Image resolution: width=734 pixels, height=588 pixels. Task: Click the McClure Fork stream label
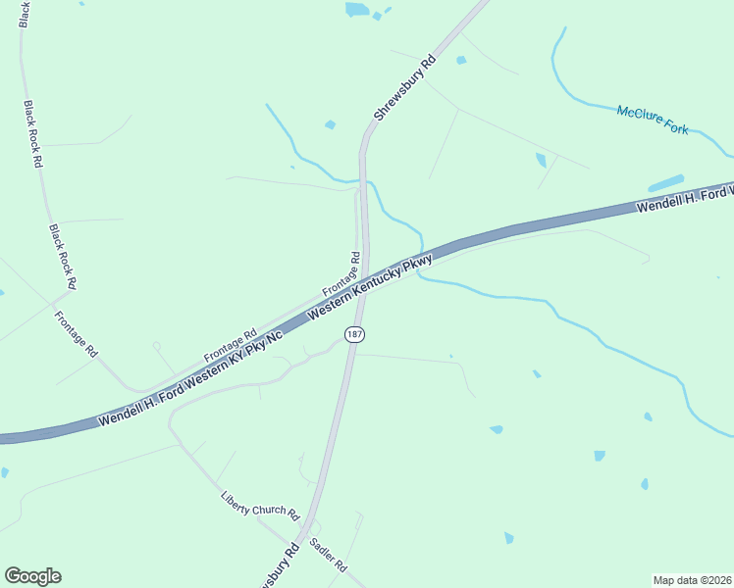pyautogui.click(x=653, y=119)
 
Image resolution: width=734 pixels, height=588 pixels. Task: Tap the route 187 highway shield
pyautogui.click(x=355, y=334)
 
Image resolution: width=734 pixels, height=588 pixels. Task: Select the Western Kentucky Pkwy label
pyautogui.click(x=370, y=286)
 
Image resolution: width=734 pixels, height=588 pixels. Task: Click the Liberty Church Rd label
pyautogui.click(x=259, y=505)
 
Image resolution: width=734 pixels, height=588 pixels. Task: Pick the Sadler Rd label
pyautogui.click(x=328, y=555)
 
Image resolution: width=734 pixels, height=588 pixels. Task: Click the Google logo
pyautogui.click(x=32, y=576)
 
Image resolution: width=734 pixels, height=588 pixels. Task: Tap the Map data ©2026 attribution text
pyautogui.click(x=692, y=579)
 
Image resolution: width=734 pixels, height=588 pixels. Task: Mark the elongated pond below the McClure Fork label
pyautogui.click(x=666, y=183)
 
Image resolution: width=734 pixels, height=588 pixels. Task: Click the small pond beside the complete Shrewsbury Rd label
pyautogui.click(x=330, y=124)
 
